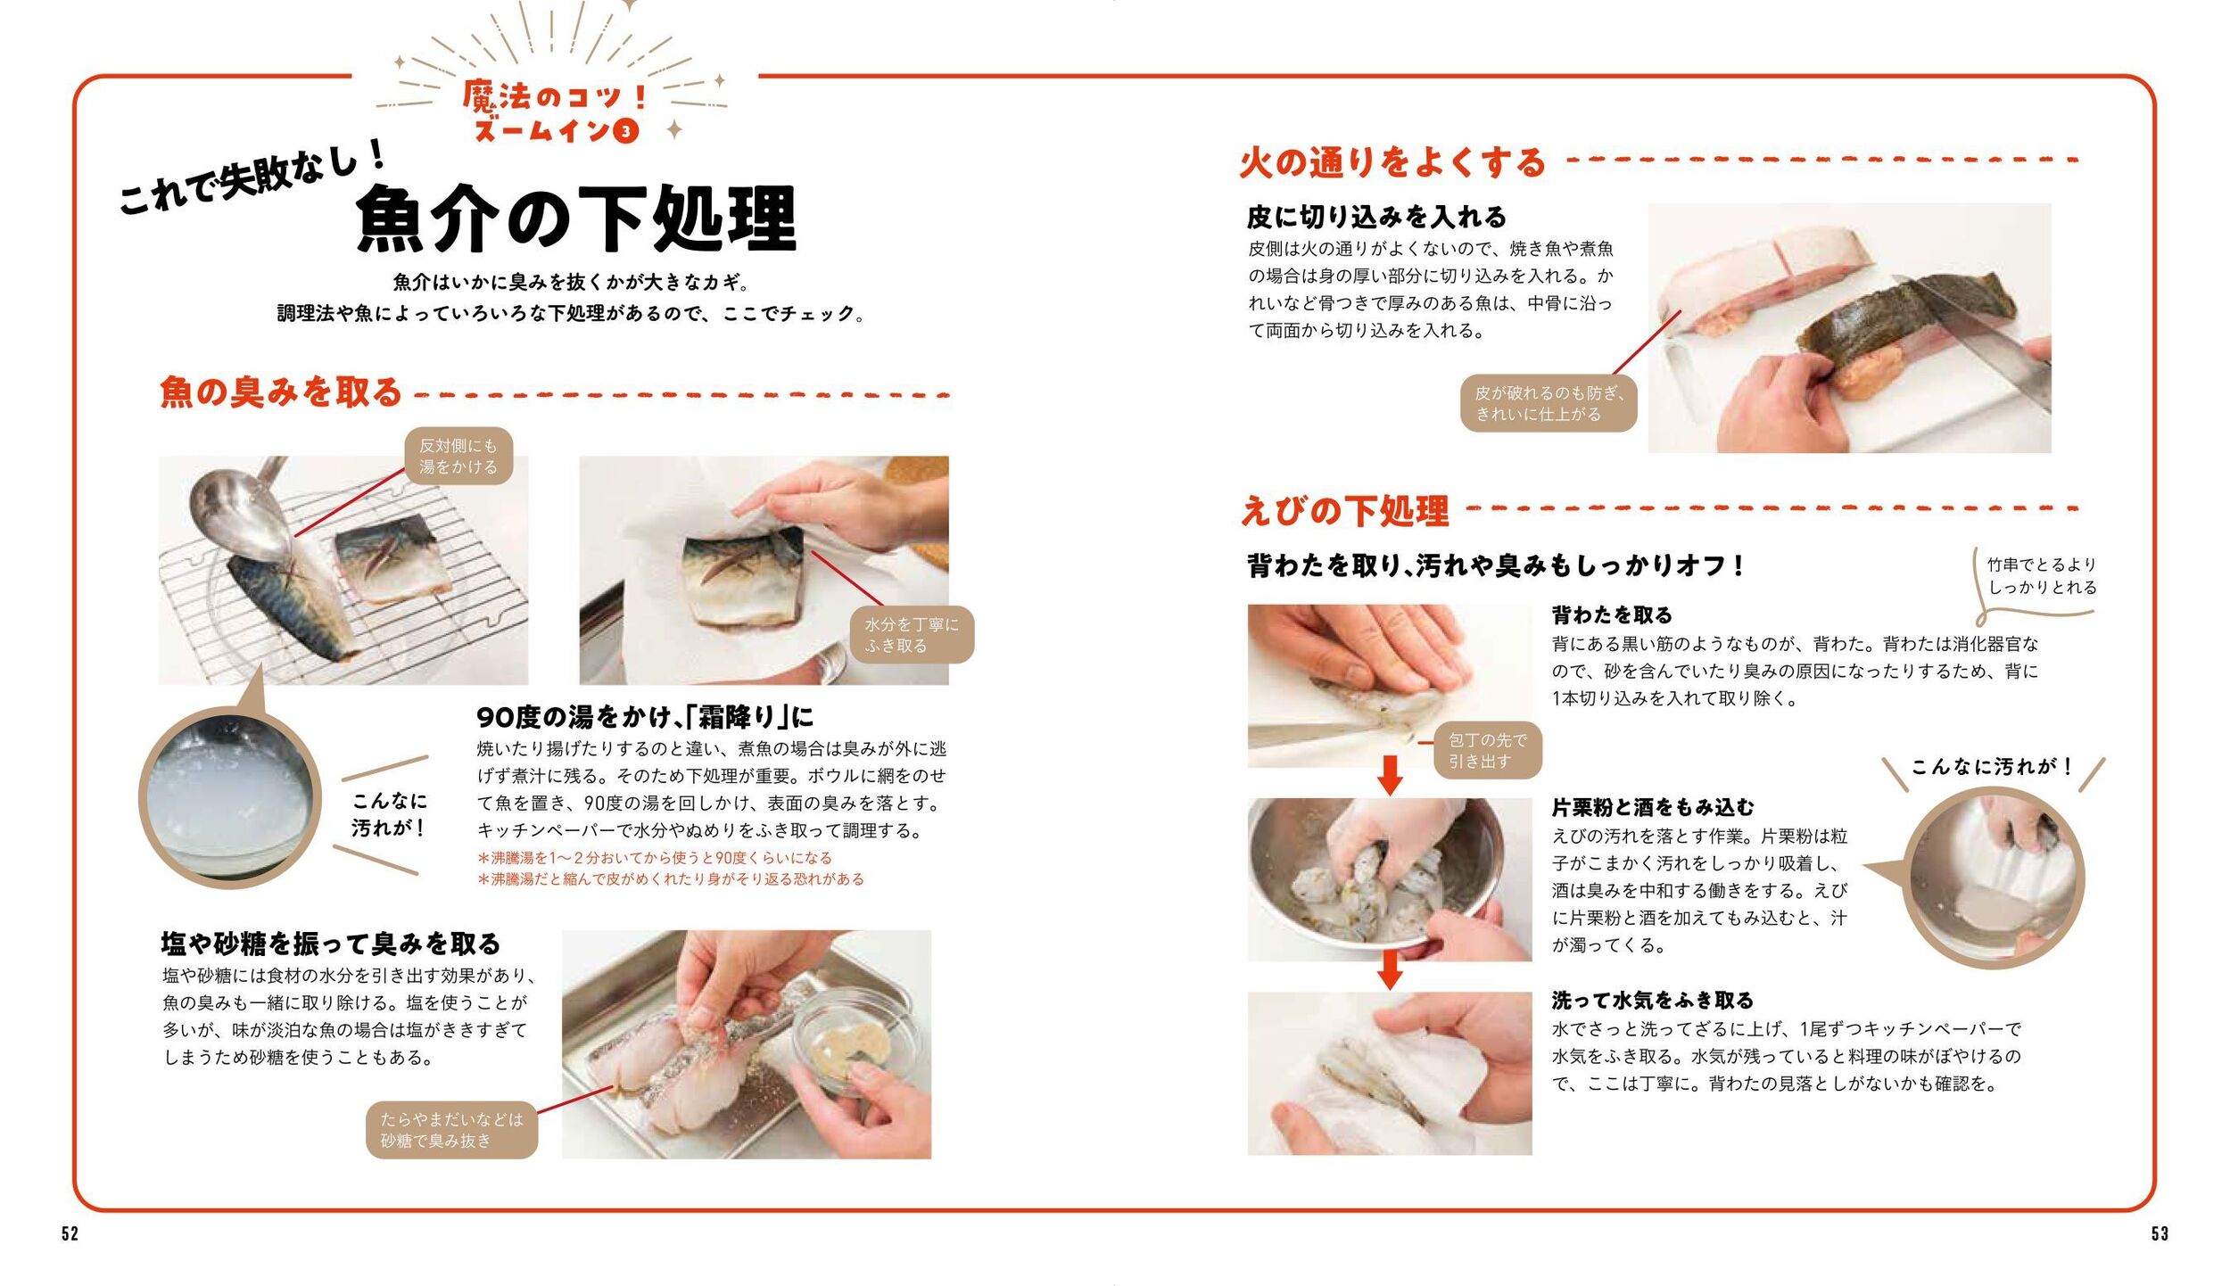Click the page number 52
pyautogui.click(x=70, y=1233)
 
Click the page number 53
pyautogui.click(x=2160, y=1233)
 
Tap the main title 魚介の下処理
pyautogui.click(x=575, y=219)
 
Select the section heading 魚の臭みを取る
pyautogui.click(x=281, y=392)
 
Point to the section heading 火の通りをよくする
pyautogui.click(x=1392, y=162)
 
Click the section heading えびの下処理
pyautogui.click(x=1345, y=511)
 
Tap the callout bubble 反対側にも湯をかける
pyautogui.click(x=458, y=456)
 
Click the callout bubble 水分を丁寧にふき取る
pyautogui.click(x=912, y=635)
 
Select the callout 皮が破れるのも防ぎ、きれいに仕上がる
pyautogui.click(x=1549, y=403)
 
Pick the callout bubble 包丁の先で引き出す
pyautogui.click(x=1487, y=750)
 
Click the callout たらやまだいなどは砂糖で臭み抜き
pyautogui.click(x=452, y=1130)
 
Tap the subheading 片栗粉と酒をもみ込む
pyautogui.click(x=1653, y=807)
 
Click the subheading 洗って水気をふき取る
pyautogui.click(x=1653, y=1000)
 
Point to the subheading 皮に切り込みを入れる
pyautogui.click(x=1377, y=217)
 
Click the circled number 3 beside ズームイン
pyautogui.click(x=627, y=132)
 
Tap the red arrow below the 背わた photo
pyautogui.click(x=1390, y=775)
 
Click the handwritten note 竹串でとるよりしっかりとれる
pyautogui.click(x=2042, y=576)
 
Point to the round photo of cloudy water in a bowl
pyautogui.click(x=229, y=797)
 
